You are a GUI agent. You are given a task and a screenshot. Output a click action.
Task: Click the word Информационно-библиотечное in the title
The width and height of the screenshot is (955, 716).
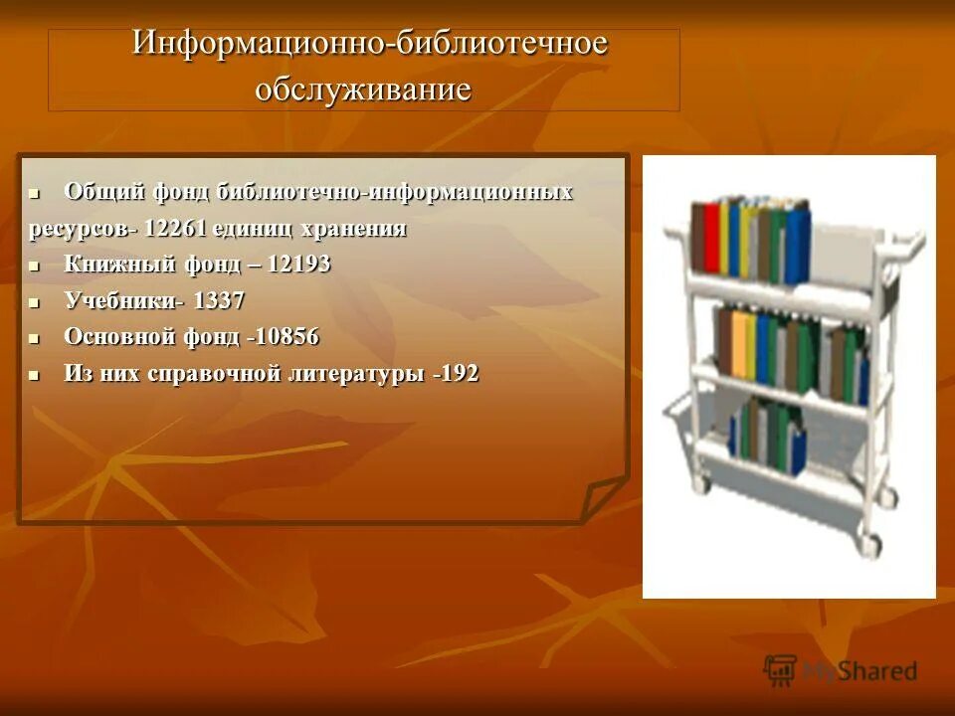coord(370,46)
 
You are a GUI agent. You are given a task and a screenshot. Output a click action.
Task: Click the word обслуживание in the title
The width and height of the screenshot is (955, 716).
coord(363,89)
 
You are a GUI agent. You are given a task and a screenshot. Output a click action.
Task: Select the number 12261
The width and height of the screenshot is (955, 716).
coord(176,229)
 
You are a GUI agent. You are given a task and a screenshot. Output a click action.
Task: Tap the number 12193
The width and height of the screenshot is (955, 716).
coord(293,265)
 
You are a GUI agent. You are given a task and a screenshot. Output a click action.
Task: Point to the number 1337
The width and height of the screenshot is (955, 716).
coord(220,300)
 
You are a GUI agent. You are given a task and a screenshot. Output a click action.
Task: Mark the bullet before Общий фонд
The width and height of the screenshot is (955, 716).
coord(34,192)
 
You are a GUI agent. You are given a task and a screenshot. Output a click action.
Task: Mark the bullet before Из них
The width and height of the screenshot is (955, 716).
coord(34,376)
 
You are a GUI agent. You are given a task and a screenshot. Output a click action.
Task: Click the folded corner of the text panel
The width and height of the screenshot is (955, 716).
coord(603,497)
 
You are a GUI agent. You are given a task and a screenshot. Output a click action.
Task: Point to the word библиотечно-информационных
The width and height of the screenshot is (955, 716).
coord(394,192)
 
